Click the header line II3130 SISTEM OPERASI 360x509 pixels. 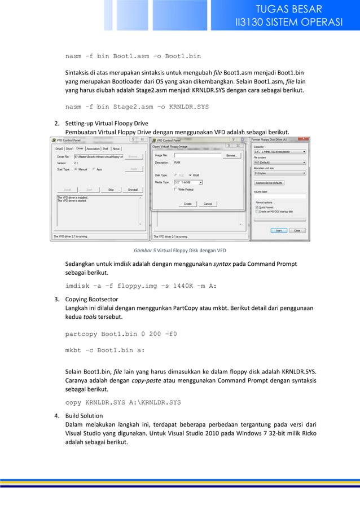[289, 23]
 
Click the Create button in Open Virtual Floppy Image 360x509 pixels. [187, 204]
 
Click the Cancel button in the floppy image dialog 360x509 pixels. [208, 204]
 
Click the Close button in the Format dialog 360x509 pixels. [295, 230]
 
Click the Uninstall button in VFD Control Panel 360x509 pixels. [133, 190]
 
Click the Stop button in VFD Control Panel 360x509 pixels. [111, 190]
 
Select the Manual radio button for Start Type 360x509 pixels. [76, 169]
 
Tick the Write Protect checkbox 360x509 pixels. [175, 190]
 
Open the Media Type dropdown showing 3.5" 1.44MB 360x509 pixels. [188, 182]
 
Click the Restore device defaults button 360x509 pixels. [270, 183]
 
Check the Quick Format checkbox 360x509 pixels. [257, 207]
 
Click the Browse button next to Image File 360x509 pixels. [231, 155]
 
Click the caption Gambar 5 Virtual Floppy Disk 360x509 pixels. [179, 250]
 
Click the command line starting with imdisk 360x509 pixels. [141, 286]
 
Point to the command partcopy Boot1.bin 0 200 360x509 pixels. [121, 334]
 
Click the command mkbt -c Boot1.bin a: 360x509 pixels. [104, 350]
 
